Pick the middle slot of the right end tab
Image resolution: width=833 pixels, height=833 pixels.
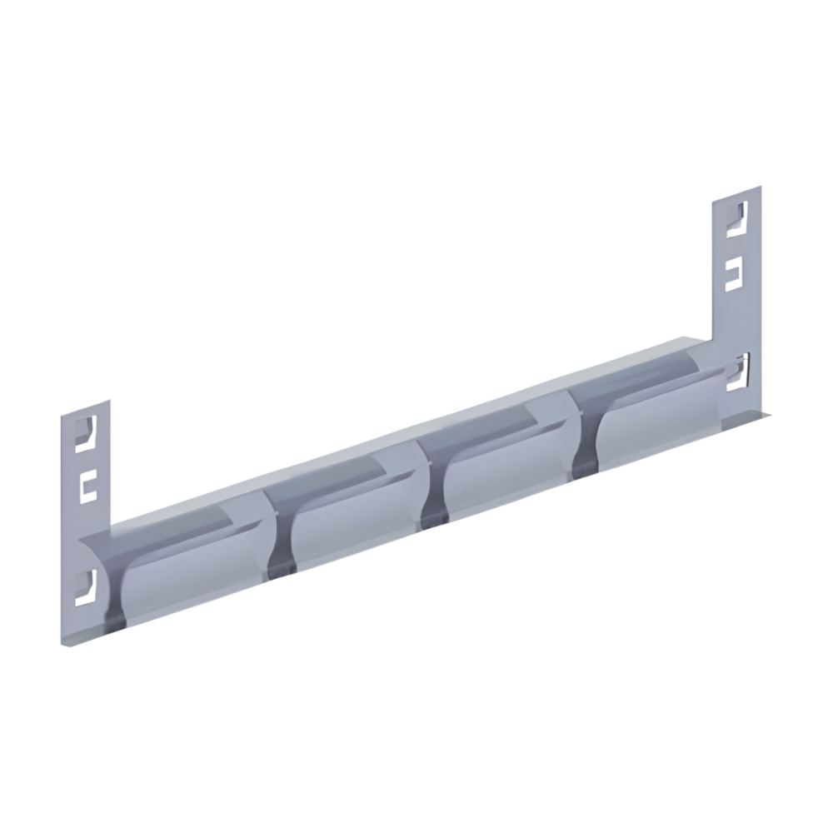pyautogui.click(x=734, y=274)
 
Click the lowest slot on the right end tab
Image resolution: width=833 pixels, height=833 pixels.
pyautogui.click(x=738, y=372)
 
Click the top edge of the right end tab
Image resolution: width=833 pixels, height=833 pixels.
pyautogui.click(x=736, y=193)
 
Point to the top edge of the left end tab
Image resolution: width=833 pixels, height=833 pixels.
pyautogui.click(x=85, y=408)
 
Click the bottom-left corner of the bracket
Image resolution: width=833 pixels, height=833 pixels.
pyautogui.click(x=63, y=641)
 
